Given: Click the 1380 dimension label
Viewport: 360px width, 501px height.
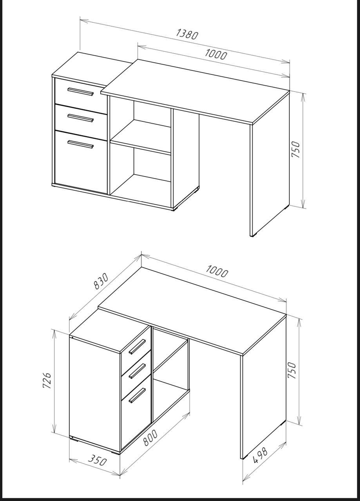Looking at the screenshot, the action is pyautogui.click(x=187, y=35).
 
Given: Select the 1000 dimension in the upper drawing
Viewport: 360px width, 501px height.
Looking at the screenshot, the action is pyautogui.click(x=216, y=54).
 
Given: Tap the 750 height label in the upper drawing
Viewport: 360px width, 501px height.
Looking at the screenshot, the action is pyautogui.click(x=296, y=150).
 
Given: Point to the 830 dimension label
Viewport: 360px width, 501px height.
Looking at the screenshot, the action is pyautogui.click(x=101, y=281).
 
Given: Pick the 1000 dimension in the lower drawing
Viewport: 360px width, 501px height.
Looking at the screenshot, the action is pyautogui.click(x=217, y=271).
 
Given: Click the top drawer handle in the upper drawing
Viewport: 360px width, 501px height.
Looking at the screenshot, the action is pyautogui.click(x=80, y=91).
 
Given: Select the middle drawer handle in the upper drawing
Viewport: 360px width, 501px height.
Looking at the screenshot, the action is pyautogui.click(x=81, y=118).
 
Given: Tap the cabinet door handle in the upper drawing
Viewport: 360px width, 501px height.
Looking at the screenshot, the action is pyautogui.click(x=81, y=144).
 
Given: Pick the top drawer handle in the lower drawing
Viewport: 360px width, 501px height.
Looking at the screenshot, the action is pyautogui.click(x=137, y=347).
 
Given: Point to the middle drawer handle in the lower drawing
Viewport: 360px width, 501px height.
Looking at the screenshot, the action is pyautogui.click(x=137, y=371).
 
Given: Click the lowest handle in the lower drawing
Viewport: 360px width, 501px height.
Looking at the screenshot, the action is pyautogui.click(x=137, y=396).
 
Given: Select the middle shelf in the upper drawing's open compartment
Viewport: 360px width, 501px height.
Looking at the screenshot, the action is pyautogui.click(x=141, y=137).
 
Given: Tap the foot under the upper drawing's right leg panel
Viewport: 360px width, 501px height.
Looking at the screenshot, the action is pyautogui.click(x=253, y=236).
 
